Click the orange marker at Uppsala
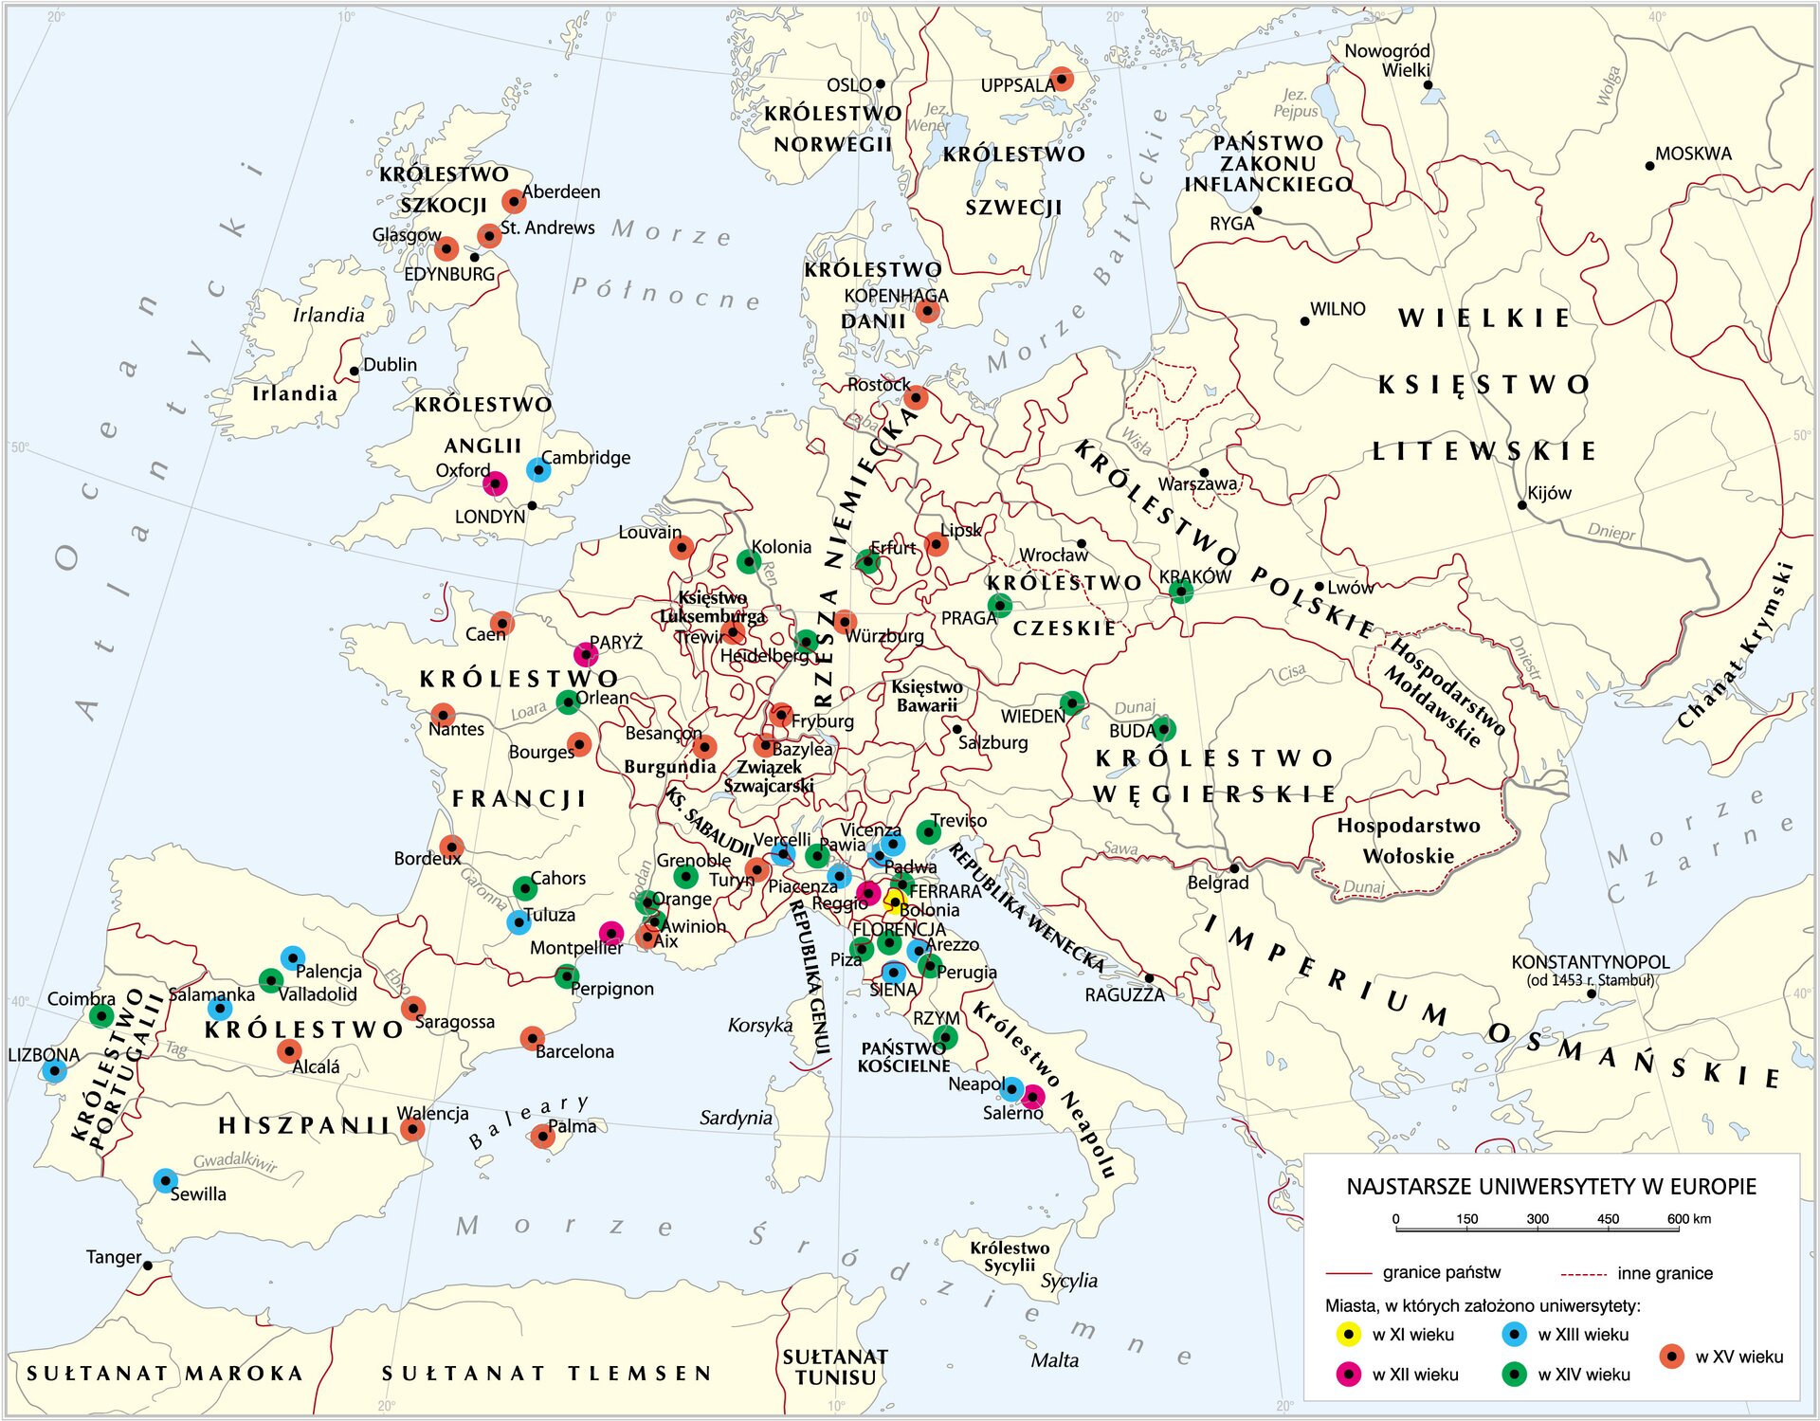pos(1063,79)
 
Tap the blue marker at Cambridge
pos(538,469)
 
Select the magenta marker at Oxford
pos(495,484)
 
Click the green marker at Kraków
pos(1180,592)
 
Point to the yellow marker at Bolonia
pos(893,900)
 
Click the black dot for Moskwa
pos(1649,166)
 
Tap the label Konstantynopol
pos(1590,962)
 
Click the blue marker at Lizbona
pos(54,1072)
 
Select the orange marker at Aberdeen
pos(513,201)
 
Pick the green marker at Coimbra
pos(101,1016)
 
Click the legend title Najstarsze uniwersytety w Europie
pos(1551,1187)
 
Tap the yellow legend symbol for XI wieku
pos(1349,1335)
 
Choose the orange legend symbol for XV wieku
pos(1672,1357)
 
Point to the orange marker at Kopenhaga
pos(928,311)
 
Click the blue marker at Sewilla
pos(165,1181)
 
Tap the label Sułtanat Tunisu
pos(835,1367)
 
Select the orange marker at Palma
pos(542,1136)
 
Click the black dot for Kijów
pos(1522,505)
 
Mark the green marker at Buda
pos(1163,729)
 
